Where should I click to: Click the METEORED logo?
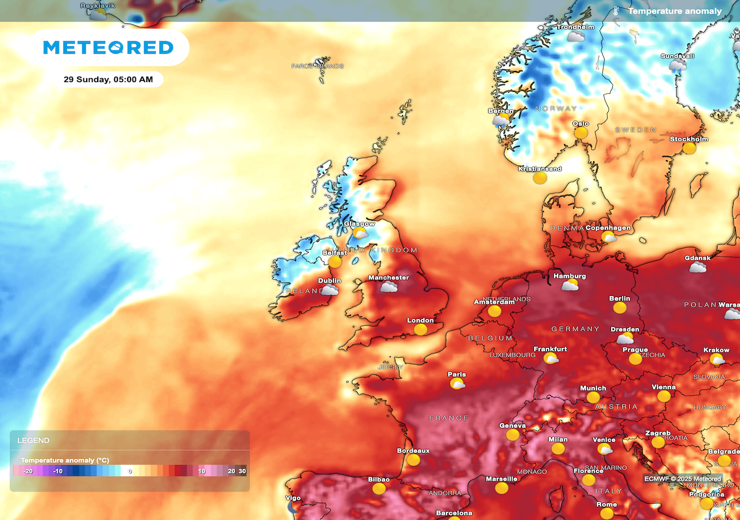coord(109,47)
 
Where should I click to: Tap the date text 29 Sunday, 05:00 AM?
coord(109,79)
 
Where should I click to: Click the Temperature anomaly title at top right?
coord(675,11)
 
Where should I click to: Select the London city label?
coord(420,320)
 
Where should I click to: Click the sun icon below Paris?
coord(458,384)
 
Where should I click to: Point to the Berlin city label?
coord(619,298)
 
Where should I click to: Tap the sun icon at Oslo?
coord(580,133)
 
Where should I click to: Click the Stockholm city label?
coord(689,139)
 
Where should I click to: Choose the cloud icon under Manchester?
coord(388,287)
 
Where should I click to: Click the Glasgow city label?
coord(359,224)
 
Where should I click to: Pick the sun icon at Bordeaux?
coord(413,460)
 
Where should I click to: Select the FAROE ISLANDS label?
coord(317,66)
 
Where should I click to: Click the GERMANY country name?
coord(575,329)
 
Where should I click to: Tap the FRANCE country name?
coord(449,418)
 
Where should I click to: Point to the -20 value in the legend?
coord(27,471)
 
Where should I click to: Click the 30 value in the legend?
coord(242,471)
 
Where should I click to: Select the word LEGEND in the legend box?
coord(34,440)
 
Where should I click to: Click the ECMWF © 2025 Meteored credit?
coord(683,478)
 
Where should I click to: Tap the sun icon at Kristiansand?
coord(539,178)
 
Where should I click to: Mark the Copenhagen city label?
coord(608,228)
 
